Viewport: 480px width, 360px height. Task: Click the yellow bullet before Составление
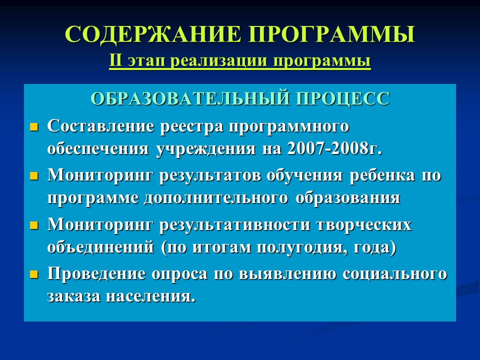34,127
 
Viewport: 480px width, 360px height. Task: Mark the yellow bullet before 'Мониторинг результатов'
34,176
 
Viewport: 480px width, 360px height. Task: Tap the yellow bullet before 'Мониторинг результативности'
34,225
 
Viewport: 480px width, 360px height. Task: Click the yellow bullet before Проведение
34,275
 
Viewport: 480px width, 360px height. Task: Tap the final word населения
149,296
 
